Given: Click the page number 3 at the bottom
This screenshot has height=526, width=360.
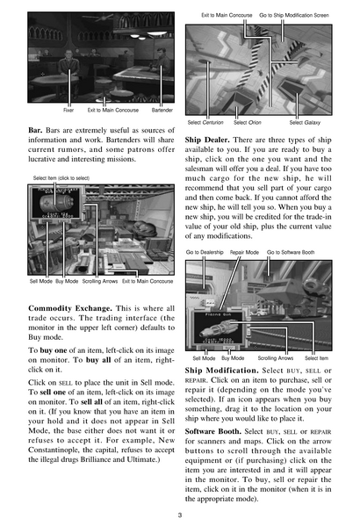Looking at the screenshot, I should (x=179, y=515).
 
